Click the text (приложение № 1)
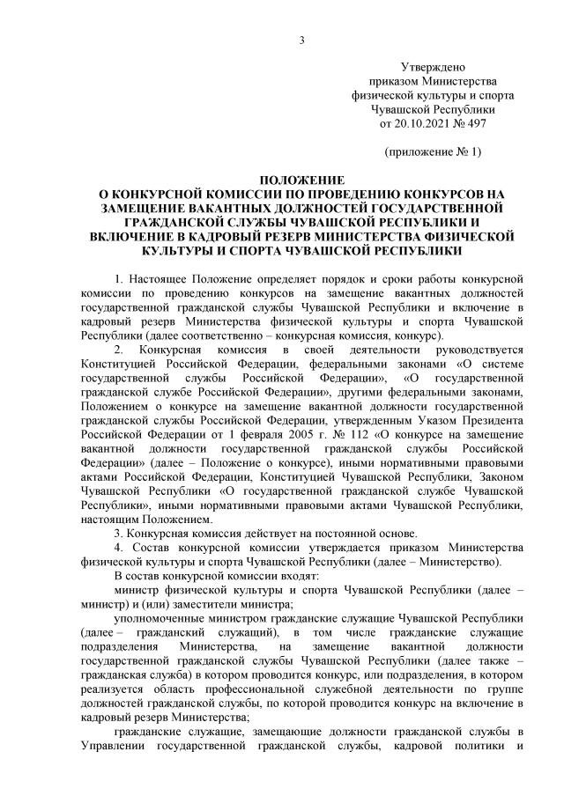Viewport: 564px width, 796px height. pos(432,152)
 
